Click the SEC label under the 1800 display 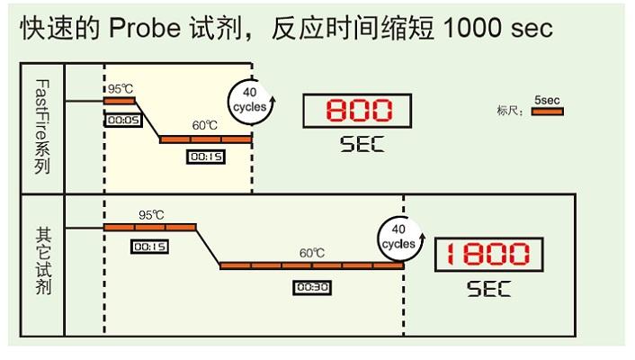pos(488,289)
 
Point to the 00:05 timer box pos(121,119)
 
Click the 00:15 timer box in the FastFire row pos(205,157)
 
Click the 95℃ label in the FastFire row pos(121,88)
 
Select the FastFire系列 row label pos(41,128)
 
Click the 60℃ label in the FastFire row pos(206,125)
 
